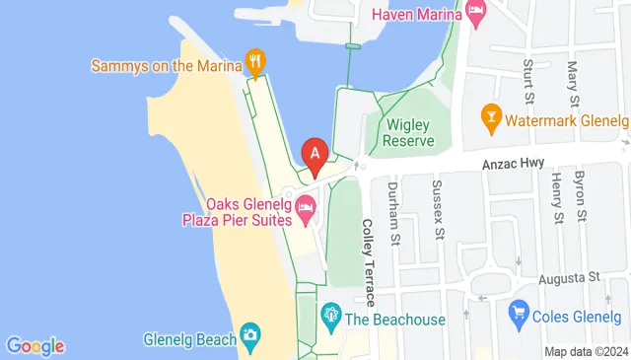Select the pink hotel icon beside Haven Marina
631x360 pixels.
(477, 15)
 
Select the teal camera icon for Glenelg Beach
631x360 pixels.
(250, 335)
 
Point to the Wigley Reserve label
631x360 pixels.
(409, 132)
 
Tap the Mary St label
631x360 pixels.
(573, 83)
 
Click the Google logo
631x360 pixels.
(35, 346)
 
